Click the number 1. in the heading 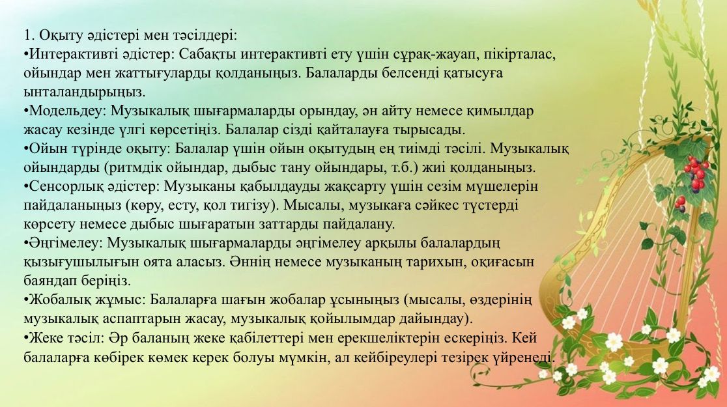click(x=29, y=36)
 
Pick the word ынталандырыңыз click(x=85, y=92)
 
